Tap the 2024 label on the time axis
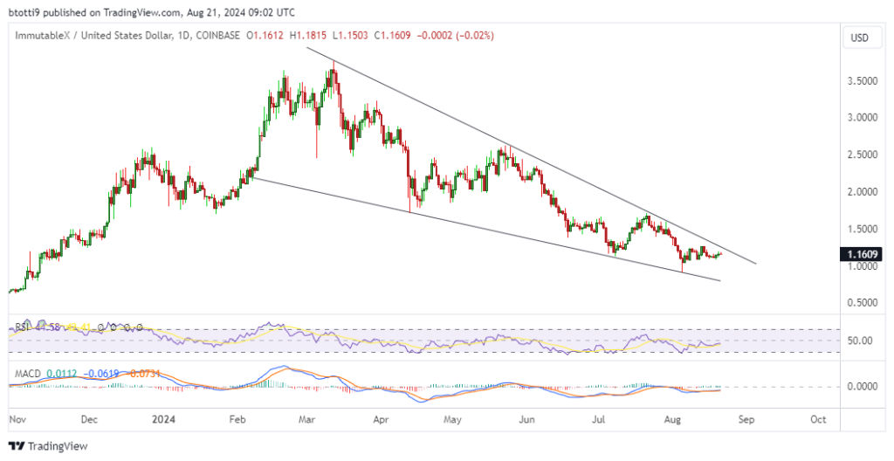[x=163, y=419]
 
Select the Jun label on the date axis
[x=527, y=419]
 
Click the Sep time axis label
[x=745, y=419]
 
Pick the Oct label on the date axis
[x=818, y=419]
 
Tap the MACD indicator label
[x=27, y=374]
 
